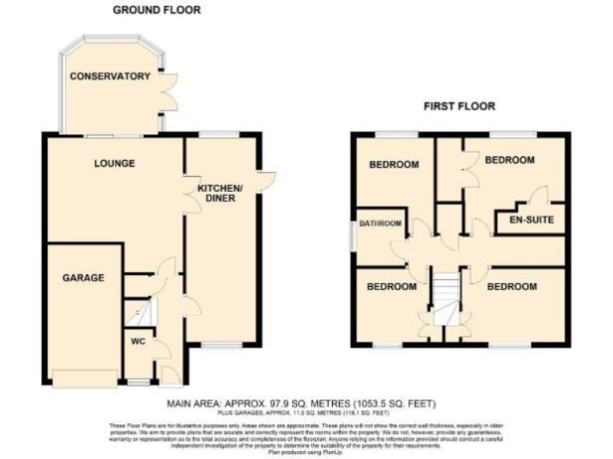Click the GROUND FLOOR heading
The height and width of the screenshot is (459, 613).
click(x=156, y=10)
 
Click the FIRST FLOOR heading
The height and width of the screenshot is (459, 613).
click(x=461, y=105)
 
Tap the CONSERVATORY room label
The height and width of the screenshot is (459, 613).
click(x=110, y=76)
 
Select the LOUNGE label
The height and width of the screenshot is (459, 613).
click(x=114, y=163)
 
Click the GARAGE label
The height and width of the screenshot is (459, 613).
click(x=84, y=278)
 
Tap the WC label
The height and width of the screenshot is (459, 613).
click(x=139, y=342)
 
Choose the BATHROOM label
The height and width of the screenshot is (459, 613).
click(x=379, y=224)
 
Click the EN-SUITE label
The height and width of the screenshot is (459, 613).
click(x=525, y=219)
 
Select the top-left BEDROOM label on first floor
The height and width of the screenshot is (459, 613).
click(x=394, y=165)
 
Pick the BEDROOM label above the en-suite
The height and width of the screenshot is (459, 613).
click(x=510, y=160)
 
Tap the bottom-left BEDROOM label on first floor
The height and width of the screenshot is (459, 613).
click(x=391, y=286)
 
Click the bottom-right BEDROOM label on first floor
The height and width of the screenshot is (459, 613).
click(x=512, y=286)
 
